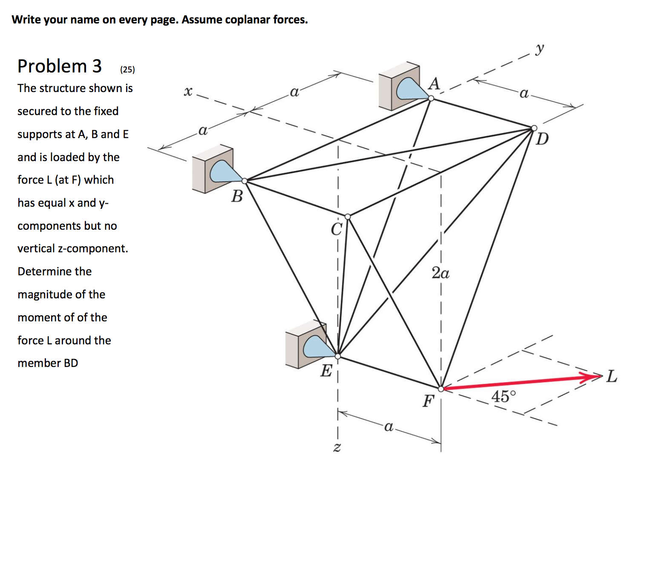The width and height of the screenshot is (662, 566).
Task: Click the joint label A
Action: tap(434, 84)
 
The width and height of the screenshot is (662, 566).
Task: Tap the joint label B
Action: tap(237, 196)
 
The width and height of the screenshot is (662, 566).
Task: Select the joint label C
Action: tap(337, 229)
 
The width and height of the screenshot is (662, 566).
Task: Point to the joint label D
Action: tap(542, 139)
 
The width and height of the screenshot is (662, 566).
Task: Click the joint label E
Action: tap(326, 371)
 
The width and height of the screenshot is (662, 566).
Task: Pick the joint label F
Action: tap(428, 401)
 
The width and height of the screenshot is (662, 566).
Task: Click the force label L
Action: tap(612, 376)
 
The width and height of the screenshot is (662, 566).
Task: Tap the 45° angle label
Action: tap(503, 397)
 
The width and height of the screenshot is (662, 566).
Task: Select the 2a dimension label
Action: tap(440, 273)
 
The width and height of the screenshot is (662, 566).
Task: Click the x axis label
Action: tap(187, 91)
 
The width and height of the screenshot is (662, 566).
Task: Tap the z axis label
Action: tap(337, 448)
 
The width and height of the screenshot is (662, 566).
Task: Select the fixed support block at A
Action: tap(399, 86)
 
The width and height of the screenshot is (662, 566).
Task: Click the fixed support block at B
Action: tap(212, 169)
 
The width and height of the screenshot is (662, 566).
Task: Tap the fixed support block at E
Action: tap(305, 344)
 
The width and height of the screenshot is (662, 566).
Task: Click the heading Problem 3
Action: tap(60, 66)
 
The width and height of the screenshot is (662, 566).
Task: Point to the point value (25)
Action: tap(127, 69)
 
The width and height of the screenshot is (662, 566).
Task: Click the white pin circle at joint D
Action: tap(534, 128)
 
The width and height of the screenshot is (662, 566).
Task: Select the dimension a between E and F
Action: tap(389, 426)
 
